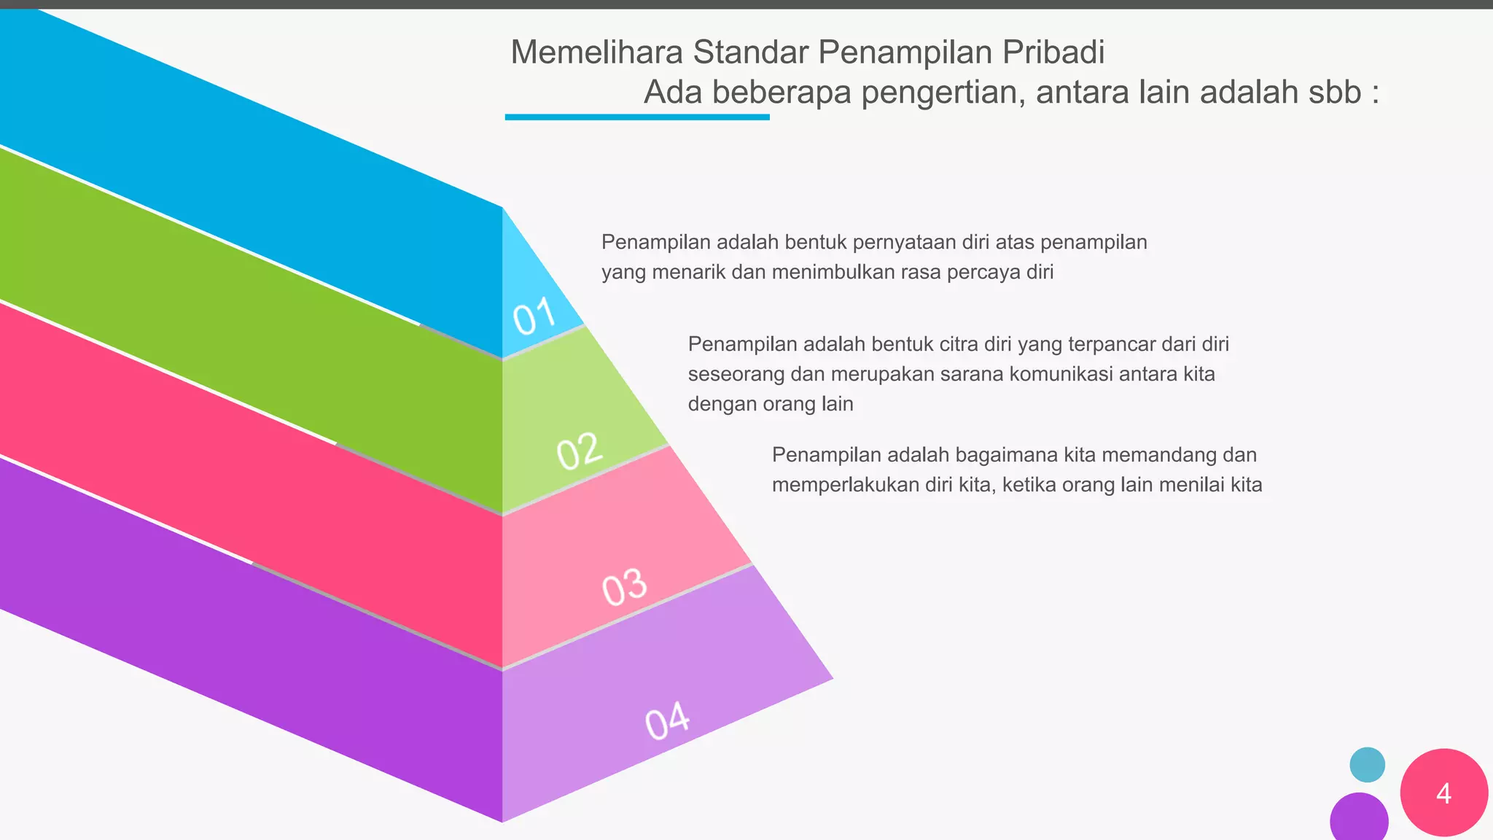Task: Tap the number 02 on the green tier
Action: point(580,451)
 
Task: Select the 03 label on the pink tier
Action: point(625,588)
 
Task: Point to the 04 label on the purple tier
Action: point(667,721)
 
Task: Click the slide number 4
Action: point(1443,793)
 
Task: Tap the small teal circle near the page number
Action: point(1367,765)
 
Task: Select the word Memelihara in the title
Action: point(596,52)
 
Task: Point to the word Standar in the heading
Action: point(750,52)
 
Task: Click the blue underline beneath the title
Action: point(636,117)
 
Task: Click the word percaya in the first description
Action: point(983,273)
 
